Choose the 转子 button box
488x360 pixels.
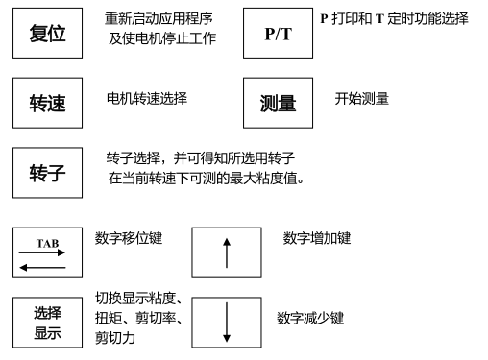click(47, 174)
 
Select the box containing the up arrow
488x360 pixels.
click(227, 253)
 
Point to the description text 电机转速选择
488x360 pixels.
click(146, 98)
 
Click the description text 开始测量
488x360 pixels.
click(361, 98)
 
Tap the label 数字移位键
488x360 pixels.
click(129, 238)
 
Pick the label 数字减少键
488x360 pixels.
click(309, 318)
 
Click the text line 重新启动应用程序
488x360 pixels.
click(159, 19)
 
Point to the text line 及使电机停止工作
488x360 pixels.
click(161, 38)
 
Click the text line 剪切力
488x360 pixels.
click(115, 337)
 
